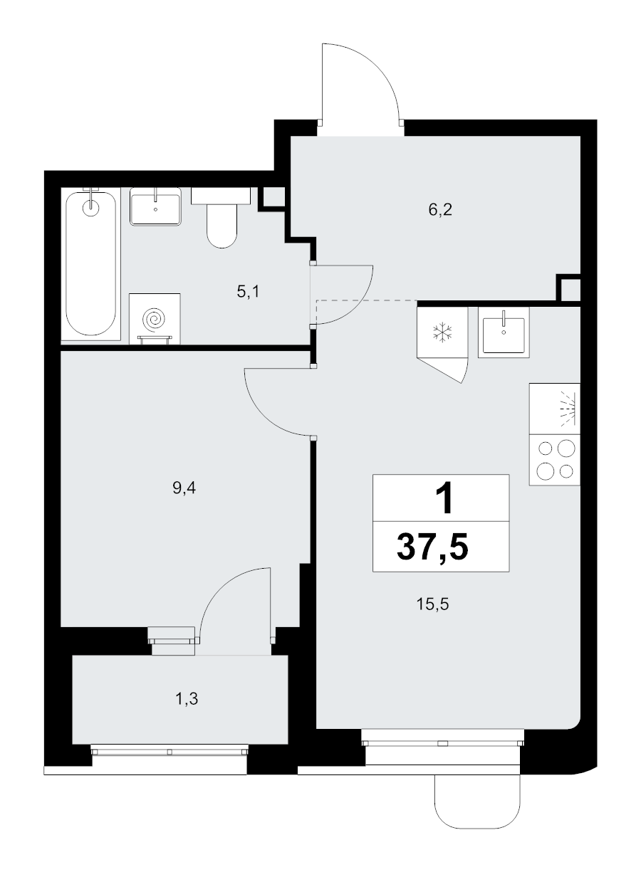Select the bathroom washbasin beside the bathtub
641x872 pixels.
click(155, 206)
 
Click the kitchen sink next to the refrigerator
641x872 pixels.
click(504, 332)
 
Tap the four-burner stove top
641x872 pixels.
click(555, 460)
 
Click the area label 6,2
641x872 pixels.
click(440, 210)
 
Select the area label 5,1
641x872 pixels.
click(248, 292)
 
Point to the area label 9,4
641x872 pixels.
click(184, 488)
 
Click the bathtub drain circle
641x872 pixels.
click(90, 208)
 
